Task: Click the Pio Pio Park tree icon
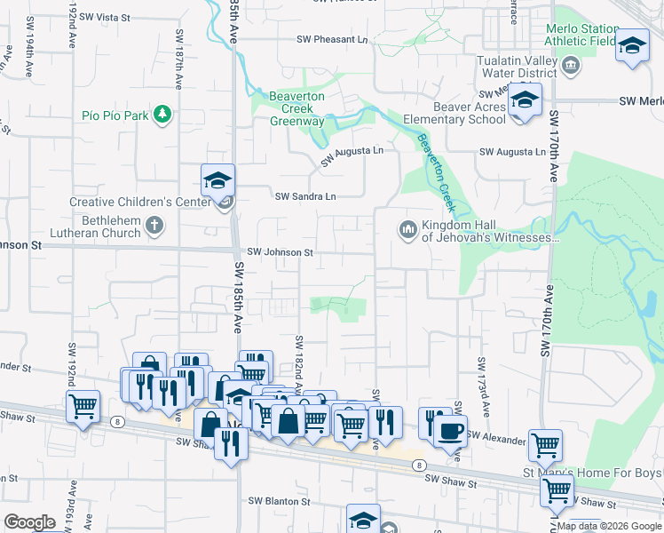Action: (162, 114)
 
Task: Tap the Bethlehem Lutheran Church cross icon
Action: (154, 225)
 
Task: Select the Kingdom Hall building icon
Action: (407, 230)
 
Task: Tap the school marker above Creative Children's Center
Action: (217, 180)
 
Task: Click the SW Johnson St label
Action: (280, 252)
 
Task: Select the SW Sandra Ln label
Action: (306, 196)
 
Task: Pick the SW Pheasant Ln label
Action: (332, 40)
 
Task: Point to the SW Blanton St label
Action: (279, 501)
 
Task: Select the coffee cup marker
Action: (450, 431)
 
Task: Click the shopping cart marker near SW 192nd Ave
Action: (83, 406)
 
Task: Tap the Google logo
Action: (29, 522)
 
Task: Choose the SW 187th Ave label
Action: (178, 59)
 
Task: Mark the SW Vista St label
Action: (104, 17)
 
